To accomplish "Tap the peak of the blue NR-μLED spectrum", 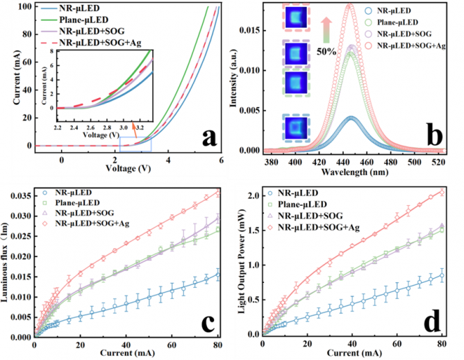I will click(x=351, y=117).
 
